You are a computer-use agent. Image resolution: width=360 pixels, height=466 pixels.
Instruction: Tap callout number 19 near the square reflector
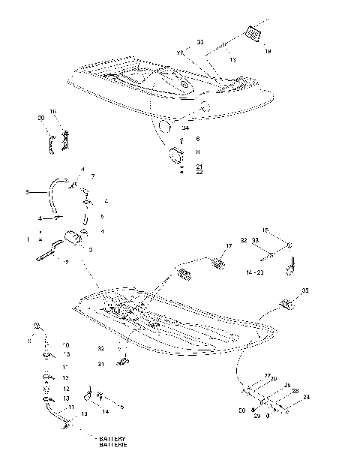[x=268, y=53]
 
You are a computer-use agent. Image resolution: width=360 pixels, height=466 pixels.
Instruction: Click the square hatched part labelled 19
[x=253, y=35]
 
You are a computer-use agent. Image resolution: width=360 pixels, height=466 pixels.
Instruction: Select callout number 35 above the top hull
[x=200, y=43]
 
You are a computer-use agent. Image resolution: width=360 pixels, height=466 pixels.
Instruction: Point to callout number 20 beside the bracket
[x=40, y=118]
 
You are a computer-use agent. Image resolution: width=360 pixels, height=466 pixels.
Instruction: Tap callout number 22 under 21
[x=199, y=173]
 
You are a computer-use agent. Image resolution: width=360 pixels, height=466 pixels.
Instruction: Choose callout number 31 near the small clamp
[x=101, y=364]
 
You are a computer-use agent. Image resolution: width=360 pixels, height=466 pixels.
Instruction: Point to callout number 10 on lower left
[x=65, y=344]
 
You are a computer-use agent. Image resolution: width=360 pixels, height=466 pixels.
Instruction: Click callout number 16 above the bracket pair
[x=53, y=111]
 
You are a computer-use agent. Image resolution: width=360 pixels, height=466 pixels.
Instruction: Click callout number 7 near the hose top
[x=93, y=176]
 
